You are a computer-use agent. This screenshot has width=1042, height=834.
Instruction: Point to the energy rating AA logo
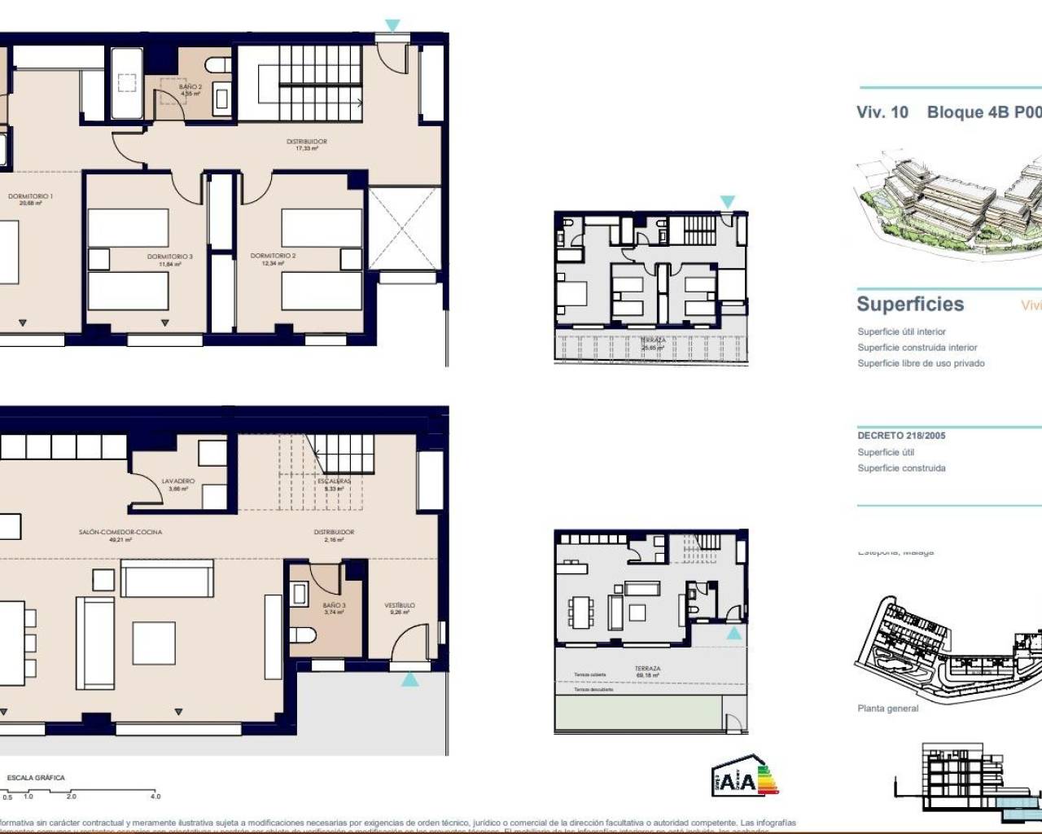(x=744, y=779)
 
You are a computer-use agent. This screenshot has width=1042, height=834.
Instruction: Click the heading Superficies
(x=910, y=305)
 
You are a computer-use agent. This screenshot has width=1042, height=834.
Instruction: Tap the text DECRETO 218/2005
(x=901, y=436)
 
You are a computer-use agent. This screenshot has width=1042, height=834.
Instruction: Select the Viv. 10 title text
(x=882, y=112)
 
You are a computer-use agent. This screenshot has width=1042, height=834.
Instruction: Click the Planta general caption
(x=887, y=709)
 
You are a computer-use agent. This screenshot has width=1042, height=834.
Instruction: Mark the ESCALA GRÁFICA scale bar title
(x=36, y=778)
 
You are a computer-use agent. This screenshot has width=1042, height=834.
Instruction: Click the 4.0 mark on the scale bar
(x=155, y=797)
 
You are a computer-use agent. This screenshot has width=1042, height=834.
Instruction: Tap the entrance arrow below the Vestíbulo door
(x=409, y=678)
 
